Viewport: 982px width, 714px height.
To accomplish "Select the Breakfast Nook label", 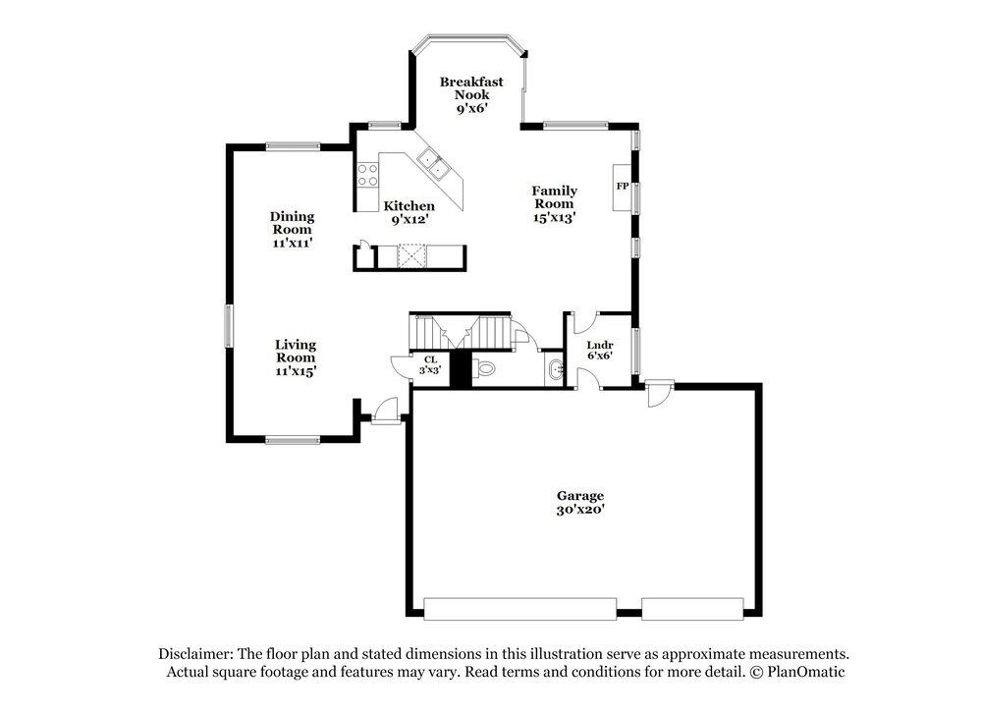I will (x=471, y=88).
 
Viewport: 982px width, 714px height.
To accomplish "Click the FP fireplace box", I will (x=622, y=186).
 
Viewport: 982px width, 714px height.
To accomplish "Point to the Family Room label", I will (x=555, y=197).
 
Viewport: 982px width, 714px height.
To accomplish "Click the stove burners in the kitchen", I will (x=367, y=175).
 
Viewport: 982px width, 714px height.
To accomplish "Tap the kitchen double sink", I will (x=433, y=165).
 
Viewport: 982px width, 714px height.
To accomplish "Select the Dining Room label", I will (x=293, y=223).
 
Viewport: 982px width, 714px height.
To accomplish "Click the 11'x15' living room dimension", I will (x=295, y=371).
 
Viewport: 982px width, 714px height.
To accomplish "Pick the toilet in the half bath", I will (x=485, y=369).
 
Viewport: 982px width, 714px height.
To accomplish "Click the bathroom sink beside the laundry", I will (x=555, y=370).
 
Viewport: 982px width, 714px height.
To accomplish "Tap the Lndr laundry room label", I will (x=599, y=346).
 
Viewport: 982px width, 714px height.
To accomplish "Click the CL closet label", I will (x=430, y=359).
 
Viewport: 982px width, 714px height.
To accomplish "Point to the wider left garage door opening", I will (x=520, y=608).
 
